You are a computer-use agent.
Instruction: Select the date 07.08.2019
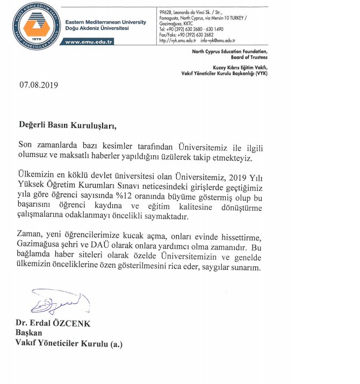[39, 84]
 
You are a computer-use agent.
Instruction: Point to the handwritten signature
[53, 303]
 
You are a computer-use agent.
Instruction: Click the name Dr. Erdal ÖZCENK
[54, 323]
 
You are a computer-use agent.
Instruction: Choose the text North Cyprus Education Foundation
[229, 51]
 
